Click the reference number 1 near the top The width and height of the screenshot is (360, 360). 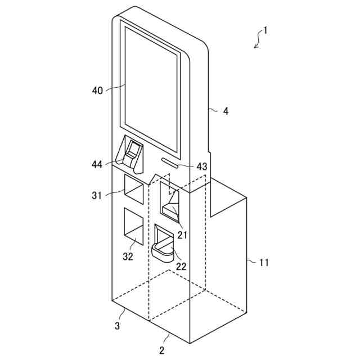pyautogui.click(x=265, y=31)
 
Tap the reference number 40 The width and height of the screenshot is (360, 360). pyautogui.click(x=97, y=90)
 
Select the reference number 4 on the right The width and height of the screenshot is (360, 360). pyautogui.click(x=226, y=111)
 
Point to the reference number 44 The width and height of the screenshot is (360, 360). pyautogui.click(x=97, y=164)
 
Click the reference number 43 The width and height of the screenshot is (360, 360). pyautogui.click(x=202, y=166)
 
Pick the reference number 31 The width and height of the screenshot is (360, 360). pyautogui.click(x=97, y=195)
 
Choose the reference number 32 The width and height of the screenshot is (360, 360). pyautogui.click(x=128, y=256)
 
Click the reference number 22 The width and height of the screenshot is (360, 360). pyautogui.click(x=181, y=266)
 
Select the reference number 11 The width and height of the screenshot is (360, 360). pyautogui.click(x=264, y=262)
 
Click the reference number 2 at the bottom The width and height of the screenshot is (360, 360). pyautogui.click(x=161, y=351)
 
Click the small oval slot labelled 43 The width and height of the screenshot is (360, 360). pyautogui.click(x=169, y=161)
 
